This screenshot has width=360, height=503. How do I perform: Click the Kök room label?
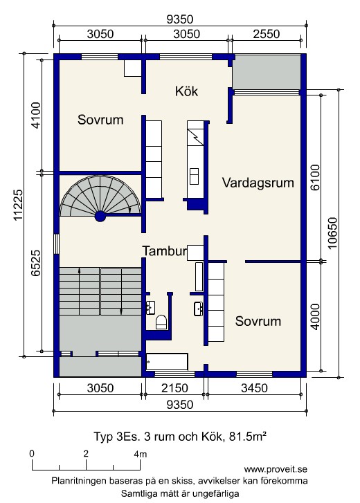tap(186, 91)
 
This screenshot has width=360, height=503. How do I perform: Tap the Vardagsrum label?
tap(258, 183)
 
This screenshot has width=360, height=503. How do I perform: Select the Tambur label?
tap(165, 251)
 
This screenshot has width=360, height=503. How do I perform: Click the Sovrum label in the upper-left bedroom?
tap(100, 120)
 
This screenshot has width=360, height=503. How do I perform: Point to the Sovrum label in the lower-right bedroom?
tap(258, 321)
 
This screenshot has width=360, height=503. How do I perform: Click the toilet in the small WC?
tap(161, 322)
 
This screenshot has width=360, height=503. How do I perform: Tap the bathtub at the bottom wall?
tap(167, 362)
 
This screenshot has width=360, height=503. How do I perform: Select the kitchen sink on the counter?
tap(194, 176)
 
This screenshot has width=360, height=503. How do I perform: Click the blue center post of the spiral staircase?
tap(100, 217)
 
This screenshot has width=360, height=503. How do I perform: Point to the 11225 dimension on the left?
tap(18, 205)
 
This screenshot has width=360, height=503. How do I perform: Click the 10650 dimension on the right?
tap(333, 233)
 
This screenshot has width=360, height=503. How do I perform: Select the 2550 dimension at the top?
tap(267, 34)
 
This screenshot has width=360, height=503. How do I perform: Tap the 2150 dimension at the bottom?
tap(174, 388)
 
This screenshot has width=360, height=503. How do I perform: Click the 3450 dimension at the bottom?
tap(254, 388)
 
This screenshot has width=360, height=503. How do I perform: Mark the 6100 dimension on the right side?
tap(315, 177)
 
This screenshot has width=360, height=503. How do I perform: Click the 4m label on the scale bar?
tap(141, 454)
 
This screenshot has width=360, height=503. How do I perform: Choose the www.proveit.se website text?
tap(276, 469)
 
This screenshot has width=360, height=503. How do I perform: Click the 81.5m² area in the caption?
tap(247, 437)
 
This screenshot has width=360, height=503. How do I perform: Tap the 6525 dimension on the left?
tap(35, 263)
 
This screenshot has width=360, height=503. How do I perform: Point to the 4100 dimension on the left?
tap(35, 115)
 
